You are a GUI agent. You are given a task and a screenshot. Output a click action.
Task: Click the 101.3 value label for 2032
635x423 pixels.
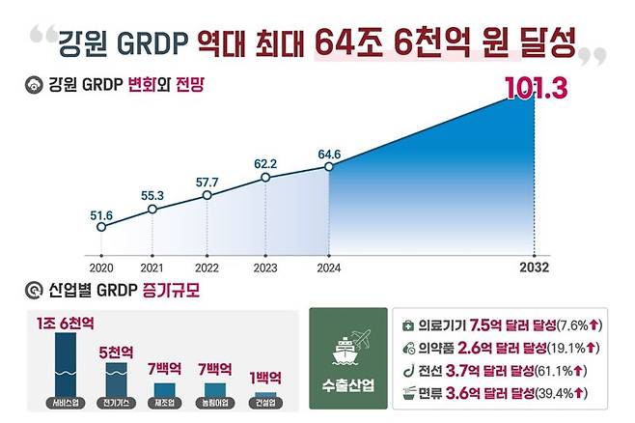click(x=537, y=88)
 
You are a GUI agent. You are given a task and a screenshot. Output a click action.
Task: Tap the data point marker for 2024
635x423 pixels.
click(x=329, y=166)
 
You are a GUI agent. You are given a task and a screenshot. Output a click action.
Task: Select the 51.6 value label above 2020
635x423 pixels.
click(x=101, y=212)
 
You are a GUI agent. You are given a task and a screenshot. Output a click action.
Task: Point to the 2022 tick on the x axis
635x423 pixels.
click(x=207, y=267)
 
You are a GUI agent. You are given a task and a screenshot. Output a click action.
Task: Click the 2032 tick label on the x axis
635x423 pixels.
click(x=534, y=267)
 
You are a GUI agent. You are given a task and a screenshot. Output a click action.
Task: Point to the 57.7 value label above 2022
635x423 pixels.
click(x=207, y=182)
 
